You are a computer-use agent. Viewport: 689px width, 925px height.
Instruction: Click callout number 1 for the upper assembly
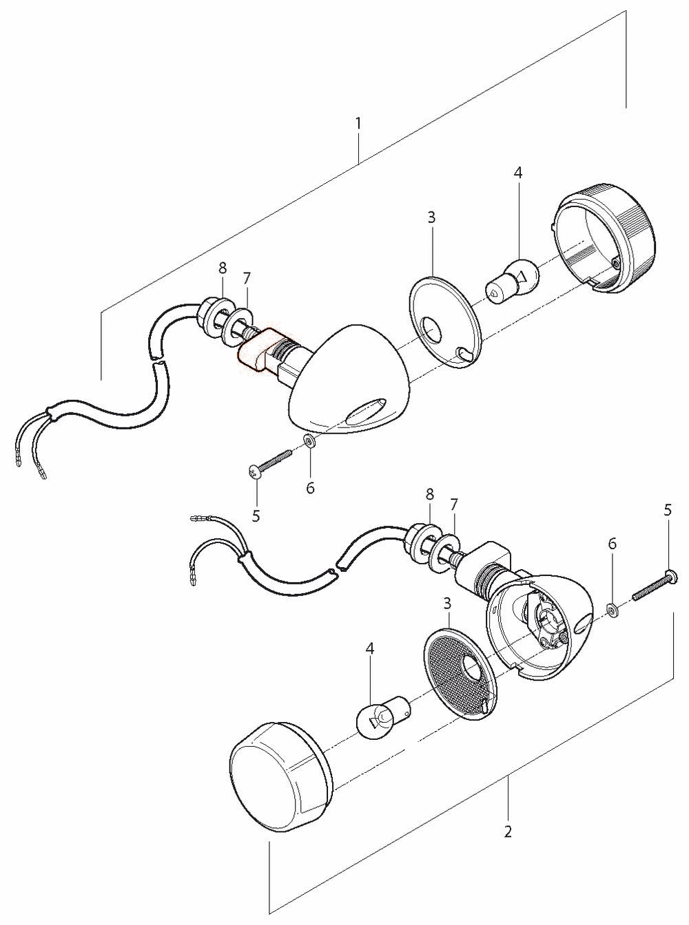click(x=358, y=123)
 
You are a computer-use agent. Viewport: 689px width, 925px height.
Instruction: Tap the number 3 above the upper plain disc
click(x=431, y=217)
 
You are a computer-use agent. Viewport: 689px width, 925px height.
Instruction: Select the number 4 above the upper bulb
click(x=518, y=173)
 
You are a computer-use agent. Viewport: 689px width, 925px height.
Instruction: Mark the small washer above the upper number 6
click(x=309, y=440)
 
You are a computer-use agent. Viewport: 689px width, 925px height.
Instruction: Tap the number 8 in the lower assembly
click(x=430, y=495)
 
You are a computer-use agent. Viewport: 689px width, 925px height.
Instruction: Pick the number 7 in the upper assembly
click(x=247, y=278)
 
